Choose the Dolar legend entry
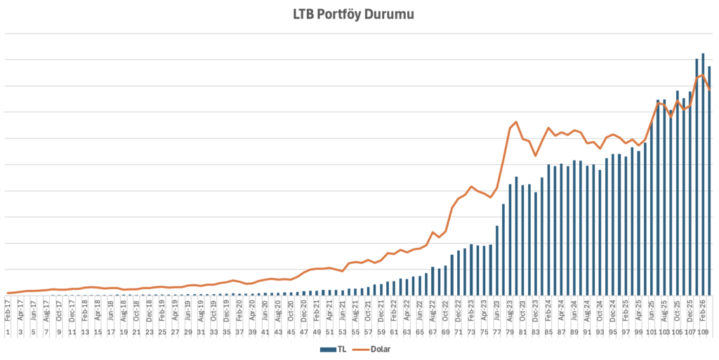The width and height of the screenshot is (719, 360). point(376,349)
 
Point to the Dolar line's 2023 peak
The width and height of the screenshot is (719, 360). point(517,121)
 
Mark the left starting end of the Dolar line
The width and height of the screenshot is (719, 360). point(8,293)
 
